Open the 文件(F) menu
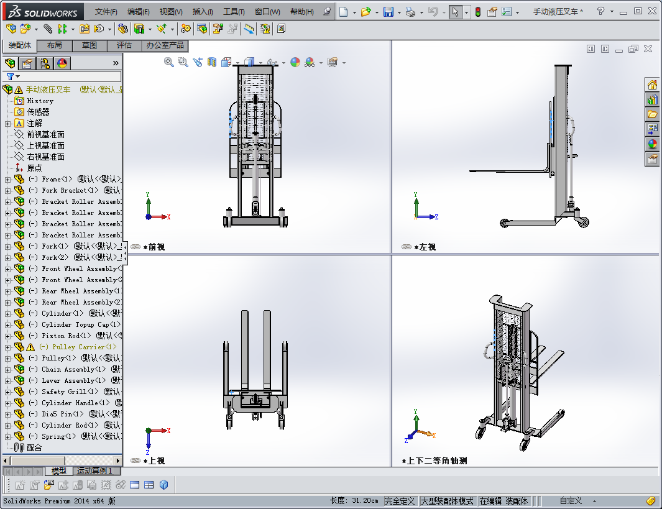106,12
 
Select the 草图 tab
90,45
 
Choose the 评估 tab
124,45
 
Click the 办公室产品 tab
165,45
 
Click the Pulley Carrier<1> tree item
77,347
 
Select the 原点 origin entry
34,168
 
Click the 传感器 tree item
38,112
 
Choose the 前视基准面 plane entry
45,134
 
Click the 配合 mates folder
34,447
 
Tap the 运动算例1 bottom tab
94,471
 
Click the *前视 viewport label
154,247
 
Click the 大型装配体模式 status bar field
447,501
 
